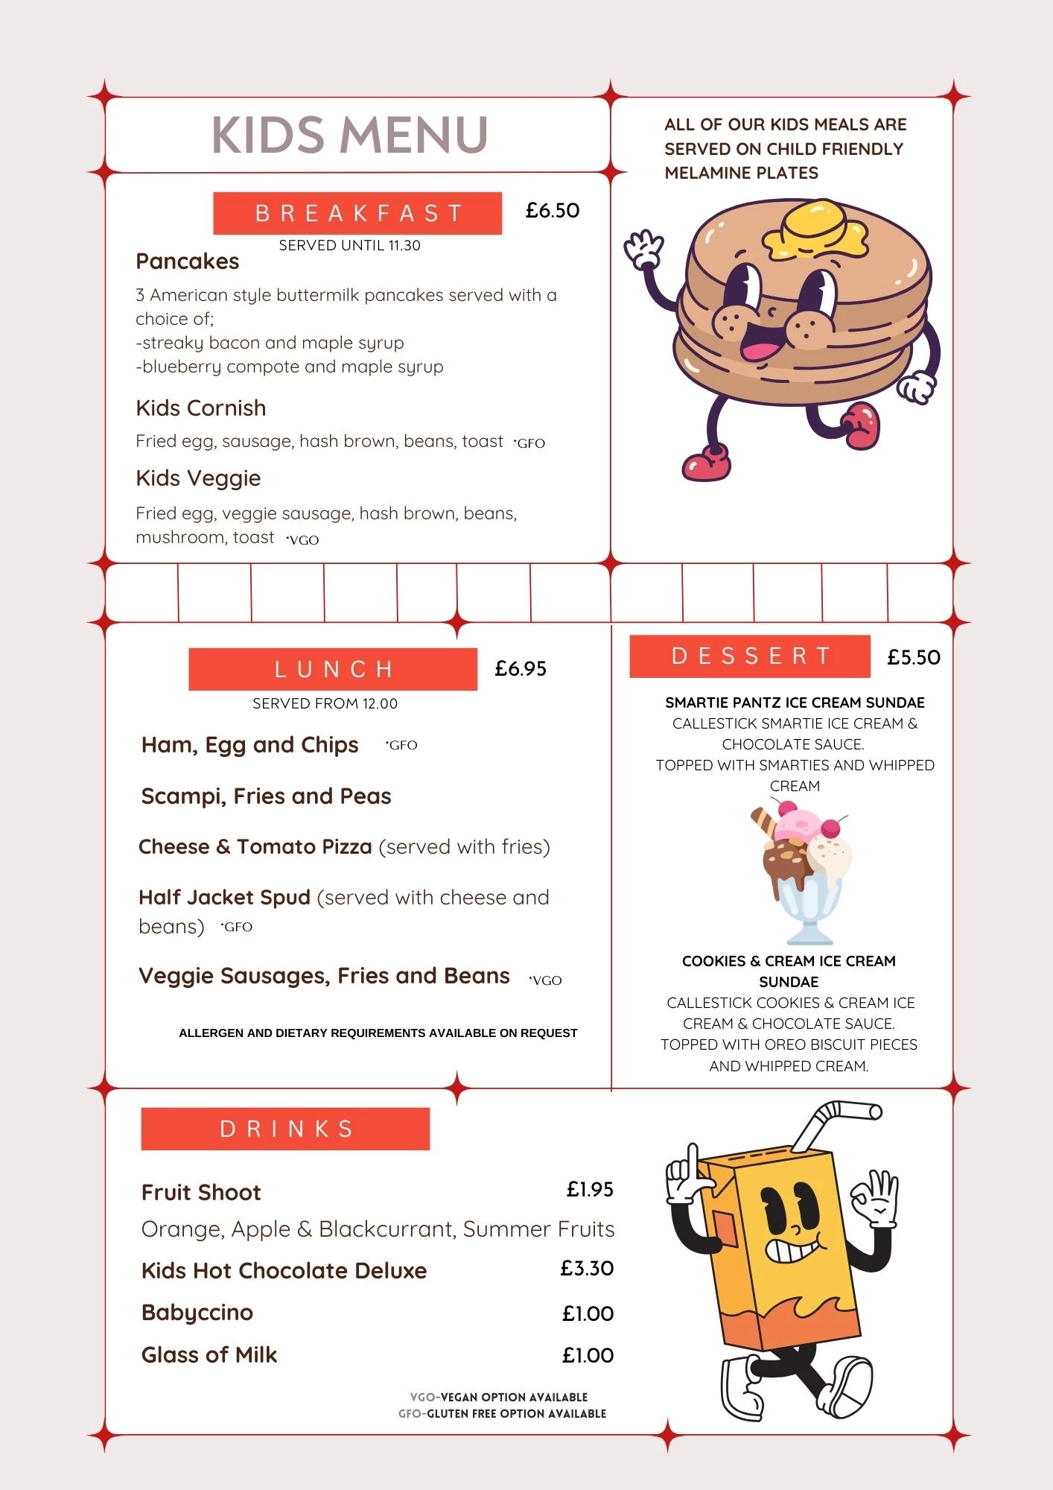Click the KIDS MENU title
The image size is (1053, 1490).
pos(350,135)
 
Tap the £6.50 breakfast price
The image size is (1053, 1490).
pos(552,211)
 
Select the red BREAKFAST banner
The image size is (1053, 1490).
pos(357,213)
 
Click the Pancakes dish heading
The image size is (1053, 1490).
pos(188,261)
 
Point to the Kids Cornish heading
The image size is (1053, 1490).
pos(201,408)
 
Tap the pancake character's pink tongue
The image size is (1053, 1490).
pos(760,351)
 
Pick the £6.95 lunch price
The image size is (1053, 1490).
pos(521,669)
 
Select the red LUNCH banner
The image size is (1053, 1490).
pos(333,669)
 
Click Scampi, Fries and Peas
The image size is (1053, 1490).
pos(266,796)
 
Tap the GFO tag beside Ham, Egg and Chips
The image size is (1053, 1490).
pos(402,745)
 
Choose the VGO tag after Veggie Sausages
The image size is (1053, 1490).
pos(546,980)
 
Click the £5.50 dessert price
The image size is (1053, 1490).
pos(914,658)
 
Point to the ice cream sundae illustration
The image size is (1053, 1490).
pos(804,872)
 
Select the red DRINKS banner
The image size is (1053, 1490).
pos(285,1129)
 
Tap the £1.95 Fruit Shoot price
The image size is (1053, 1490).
pos(590,1190)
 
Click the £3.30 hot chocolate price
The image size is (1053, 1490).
pos(587,1269)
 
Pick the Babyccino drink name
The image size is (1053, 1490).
pos(197,1313)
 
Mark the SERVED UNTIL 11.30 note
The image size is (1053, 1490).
pos(349,246)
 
